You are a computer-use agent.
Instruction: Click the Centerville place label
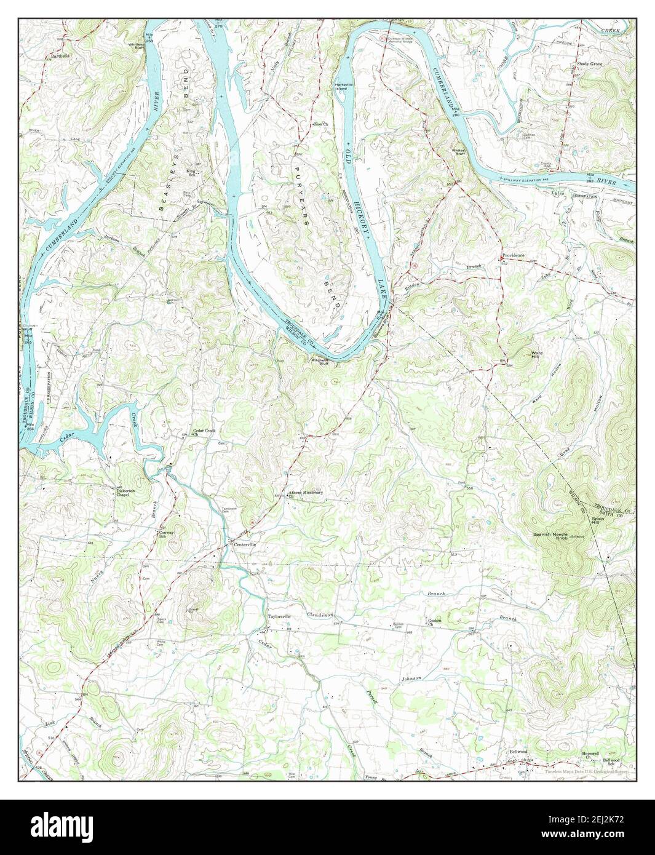coord(243,545)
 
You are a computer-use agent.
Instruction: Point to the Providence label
coord(513,255)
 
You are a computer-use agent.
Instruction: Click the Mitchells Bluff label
coord(320,361)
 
